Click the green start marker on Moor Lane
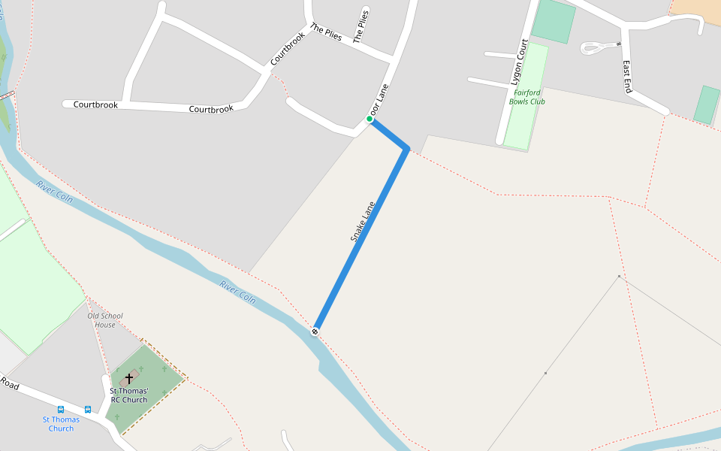(370, 120)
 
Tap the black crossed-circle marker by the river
(315, 331)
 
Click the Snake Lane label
(363, 221)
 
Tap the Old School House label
(105, 320)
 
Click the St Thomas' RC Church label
(129, 395)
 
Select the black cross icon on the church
(129, 377)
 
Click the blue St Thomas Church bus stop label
(61, 424)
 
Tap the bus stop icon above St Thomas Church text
(61, 410)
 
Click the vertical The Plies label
(362, 26)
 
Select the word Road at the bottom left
(9, 383)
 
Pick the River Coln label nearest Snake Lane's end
(237, 292)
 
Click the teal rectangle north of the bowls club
(554, 21)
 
